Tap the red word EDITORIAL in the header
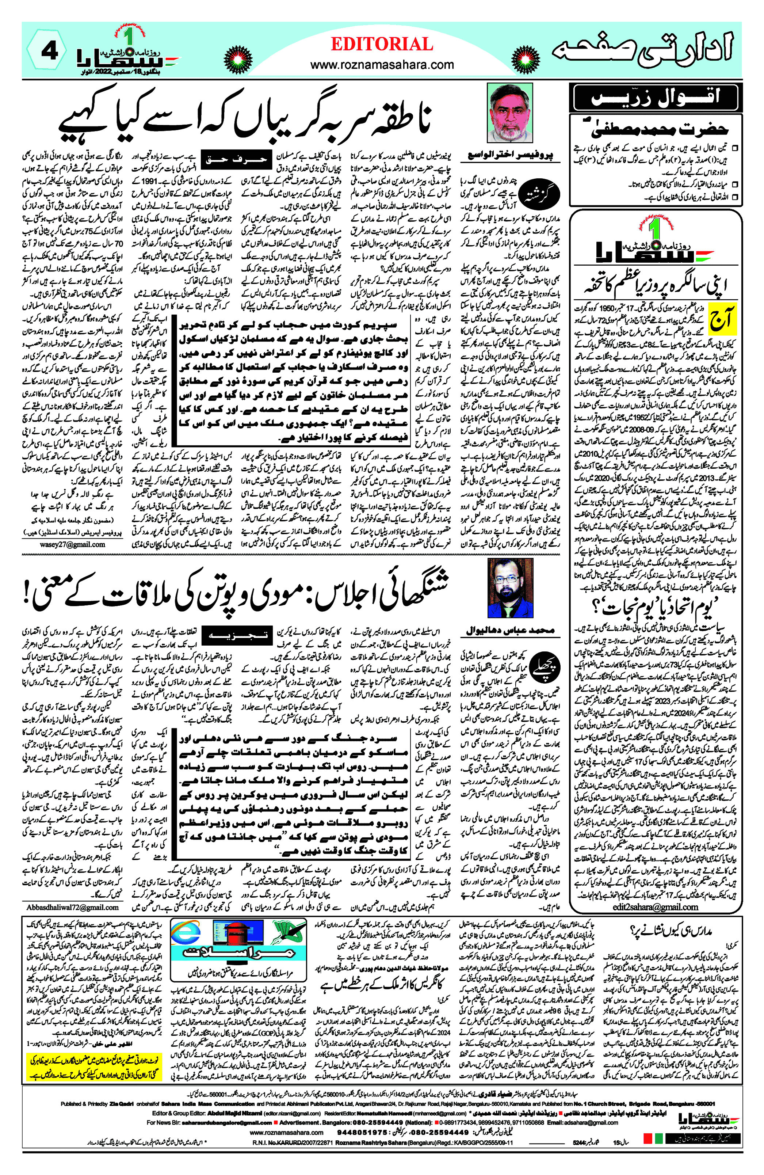tap(382, 45)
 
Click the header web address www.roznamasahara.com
tap(382, 65)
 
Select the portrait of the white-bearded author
tap(509, 113)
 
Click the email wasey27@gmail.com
tap(73, 544)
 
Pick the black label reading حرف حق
tap(239, 159)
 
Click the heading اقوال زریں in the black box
tap(655, 97)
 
